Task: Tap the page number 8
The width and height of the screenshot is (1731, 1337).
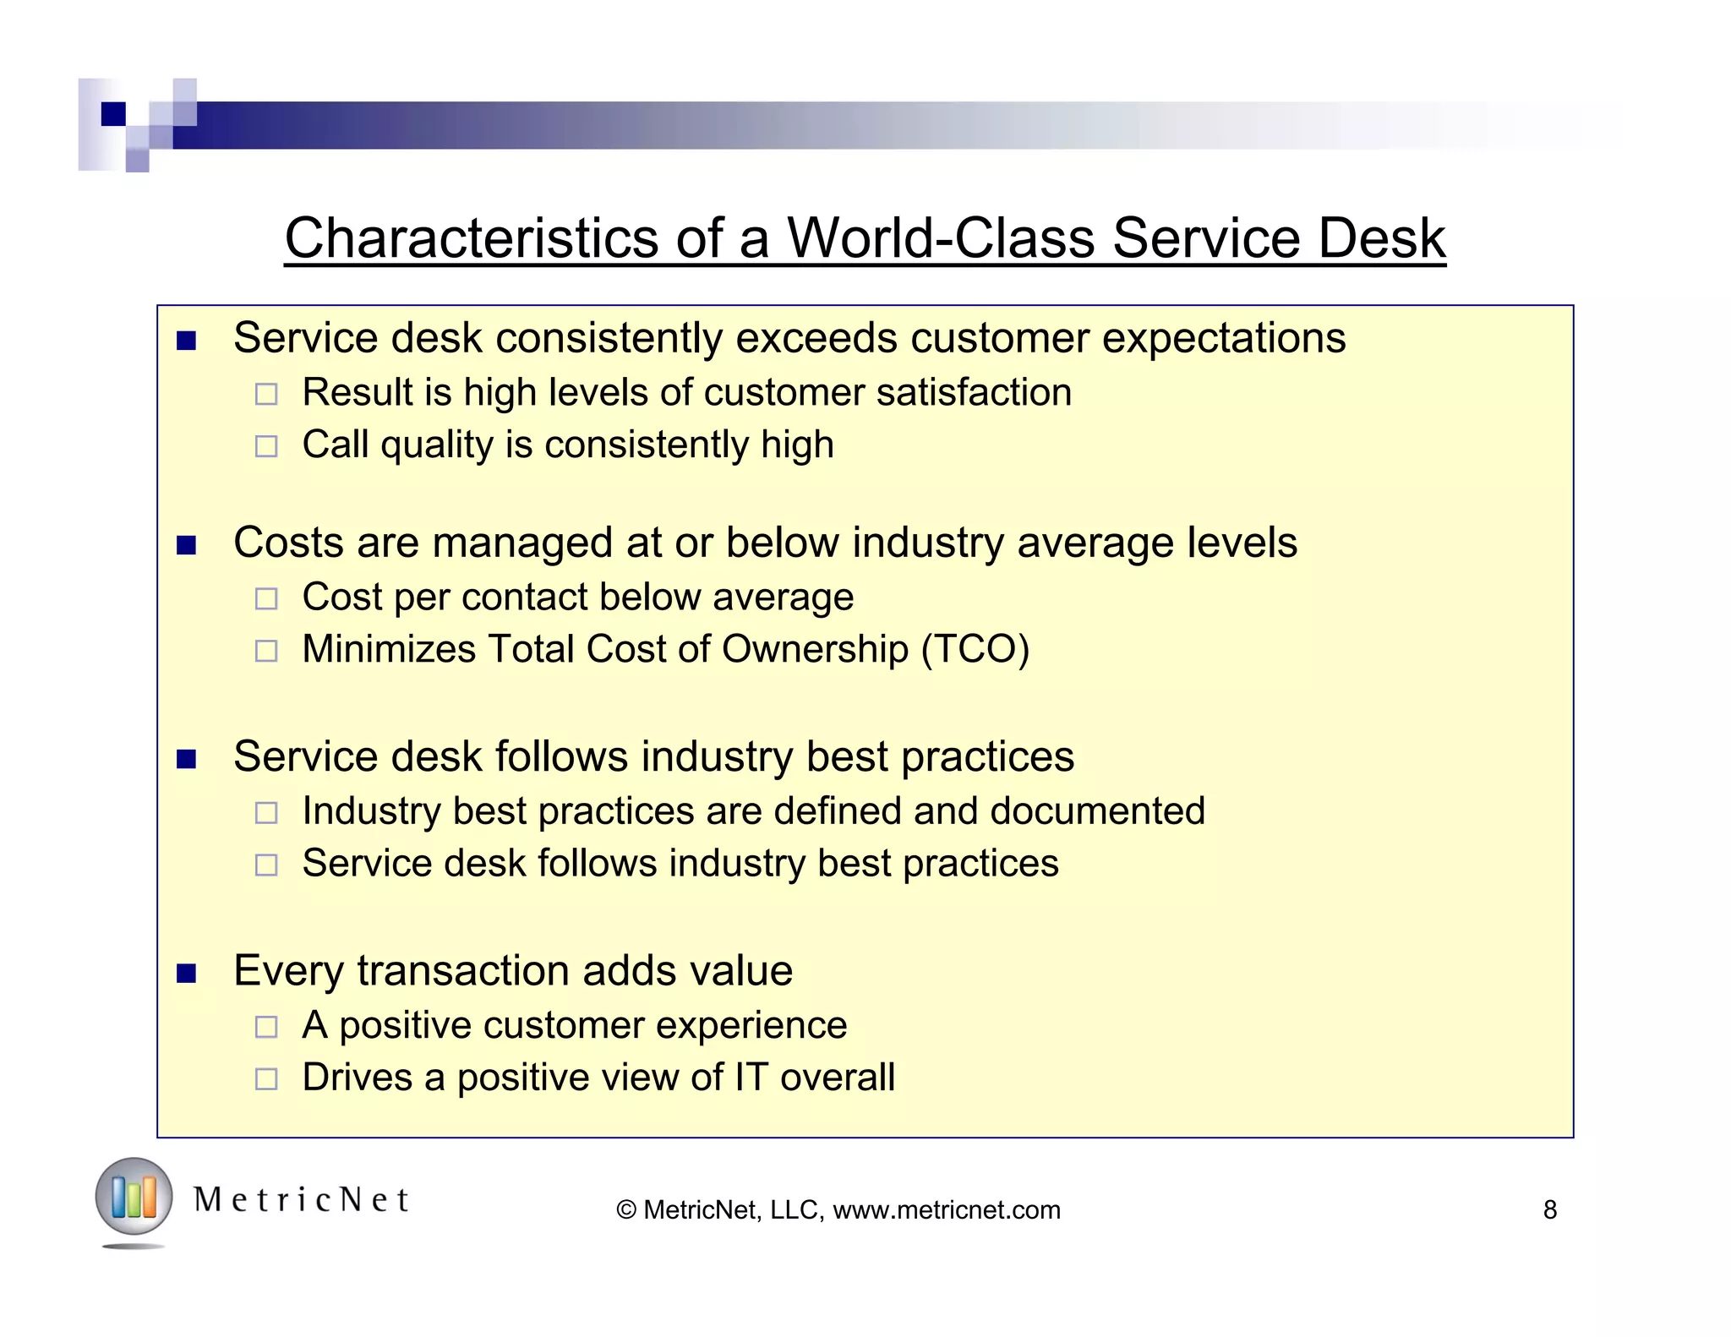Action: coord(1549,1209)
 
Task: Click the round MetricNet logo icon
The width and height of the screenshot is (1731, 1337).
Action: coord(134,1197)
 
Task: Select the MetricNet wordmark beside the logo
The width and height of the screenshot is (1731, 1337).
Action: coord(301,1200)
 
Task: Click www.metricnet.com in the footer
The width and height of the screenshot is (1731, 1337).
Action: coord(946,1209)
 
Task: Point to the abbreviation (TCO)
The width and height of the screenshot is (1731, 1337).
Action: coord(975,649)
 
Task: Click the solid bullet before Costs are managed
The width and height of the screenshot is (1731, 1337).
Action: coord(186,545)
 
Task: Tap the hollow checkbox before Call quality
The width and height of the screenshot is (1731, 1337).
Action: coord(266,446)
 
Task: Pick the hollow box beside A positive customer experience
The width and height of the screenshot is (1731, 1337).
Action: coord(266,1027)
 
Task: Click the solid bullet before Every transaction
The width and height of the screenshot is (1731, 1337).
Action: coord(186,973)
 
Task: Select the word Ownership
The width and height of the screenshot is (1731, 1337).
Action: coord(815,649)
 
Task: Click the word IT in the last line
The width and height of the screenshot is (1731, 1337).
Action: coord(751,1078)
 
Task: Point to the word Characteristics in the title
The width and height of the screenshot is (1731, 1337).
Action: coord(472,237)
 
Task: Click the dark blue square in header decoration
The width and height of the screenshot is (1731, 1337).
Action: coord(113,113)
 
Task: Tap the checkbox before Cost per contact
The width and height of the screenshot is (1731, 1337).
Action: coord(266,599)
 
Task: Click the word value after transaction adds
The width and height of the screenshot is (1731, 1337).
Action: coord(741,970)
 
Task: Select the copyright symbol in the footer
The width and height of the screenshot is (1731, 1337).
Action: coord(626,1210)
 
